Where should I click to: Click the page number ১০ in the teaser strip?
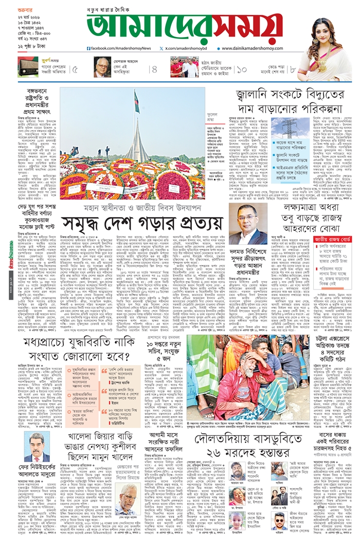[242, 69]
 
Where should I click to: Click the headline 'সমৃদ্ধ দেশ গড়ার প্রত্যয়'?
[142, 223]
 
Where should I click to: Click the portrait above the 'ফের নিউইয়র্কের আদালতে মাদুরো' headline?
[37, 447]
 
